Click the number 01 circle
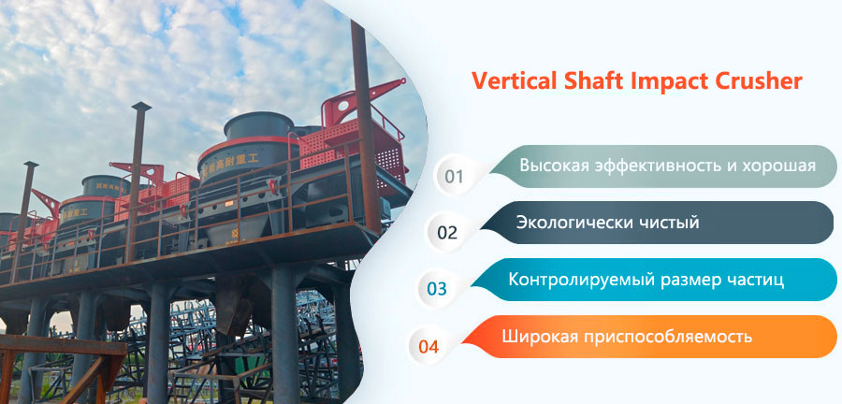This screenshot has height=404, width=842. [x=454, y=176]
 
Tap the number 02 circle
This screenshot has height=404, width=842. [x=447, y=232]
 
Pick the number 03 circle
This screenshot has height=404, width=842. [x=437, y=289]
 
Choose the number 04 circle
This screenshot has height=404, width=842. [x=428, y=346]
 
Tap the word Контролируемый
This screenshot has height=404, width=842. [x=579, y=280]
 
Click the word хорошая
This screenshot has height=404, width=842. [x=779, y=165]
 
